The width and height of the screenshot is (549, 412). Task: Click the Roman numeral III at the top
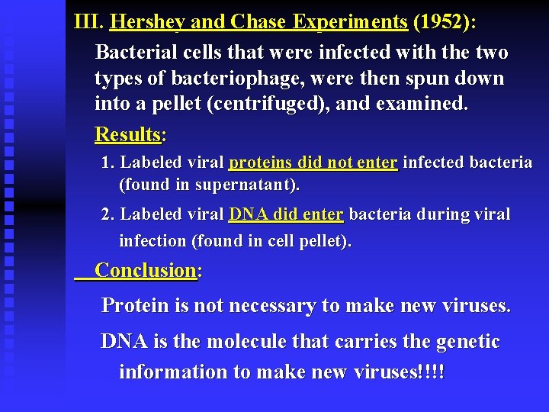pos(88,21)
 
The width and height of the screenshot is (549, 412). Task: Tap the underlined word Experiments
pos(349,22)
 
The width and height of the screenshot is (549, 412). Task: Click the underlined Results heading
pos(128,135)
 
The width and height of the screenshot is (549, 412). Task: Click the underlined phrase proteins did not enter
pos(313,163)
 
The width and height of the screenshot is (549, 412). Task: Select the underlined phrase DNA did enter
pos(286,214)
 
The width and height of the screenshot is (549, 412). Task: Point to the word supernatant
pos(252,185)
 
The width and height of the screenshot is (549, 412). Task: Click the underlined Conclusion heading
pos(146,270)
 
